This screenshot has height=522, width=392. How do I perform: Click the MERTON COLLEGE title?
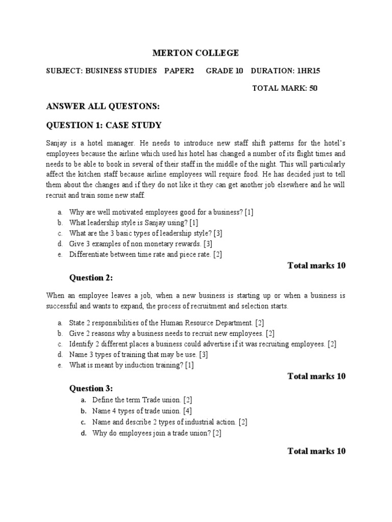(196, 53)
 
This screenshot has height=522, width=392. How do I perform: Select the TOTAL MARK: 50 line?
(285, 88)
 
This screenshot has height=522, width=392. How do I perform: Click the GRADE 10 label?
(225, 71)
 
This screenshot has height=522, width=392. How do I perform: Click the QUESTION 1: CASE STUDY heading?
(104, 125)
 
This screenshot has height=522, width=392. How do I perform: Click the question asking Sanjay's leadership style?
(134, 223)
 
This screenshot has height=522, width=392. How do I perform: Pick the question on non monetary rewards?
(140, 244)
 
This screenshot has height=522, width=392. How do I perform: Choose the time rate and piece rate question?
(145, 254)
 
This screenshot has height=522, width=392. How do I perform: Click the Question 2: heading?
(91, 278)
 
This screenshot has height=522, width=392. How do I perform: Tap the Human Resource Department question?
(166, 323)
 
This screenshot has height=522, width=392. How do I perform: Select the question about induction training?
(132, 365)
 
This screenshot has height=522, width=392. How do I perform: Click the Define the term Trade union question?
(142, 400)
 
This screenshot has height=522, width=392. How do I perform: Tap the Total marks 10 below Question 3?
(316, 451)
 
